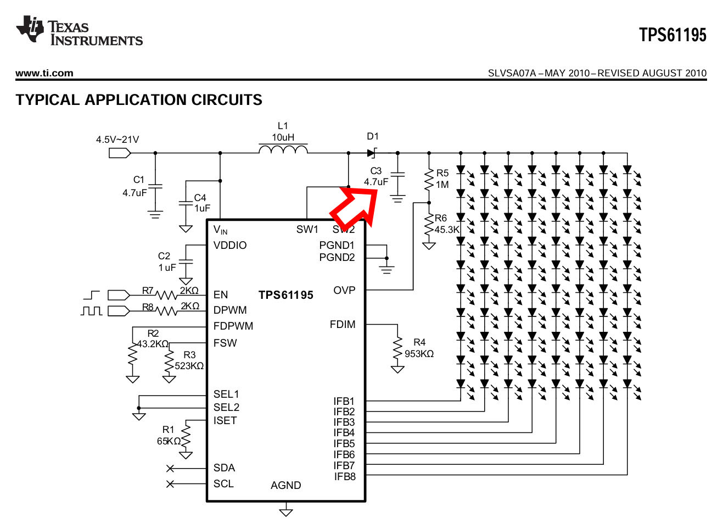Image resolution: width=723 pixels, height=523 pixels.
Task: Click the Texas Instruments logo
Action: tap(79, 31)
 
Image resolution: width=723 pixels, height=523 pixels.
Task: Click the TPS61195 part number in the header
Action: tap(672, 35)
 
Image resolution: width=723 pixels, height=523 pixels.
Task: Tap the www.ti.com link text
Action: tap(44, 73)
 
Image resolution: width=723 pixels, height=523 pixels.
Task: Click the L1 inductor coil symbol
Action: tap(283, 149)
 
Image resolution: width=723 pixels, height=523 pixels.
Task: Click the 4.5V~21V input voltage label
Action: tap(117, 140)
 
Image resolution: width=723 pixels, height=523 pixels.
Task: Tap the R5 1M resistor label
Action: tap(442, 179)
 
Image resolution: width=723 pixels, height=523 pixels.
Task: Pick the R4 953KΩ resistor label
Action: tap(419, 348)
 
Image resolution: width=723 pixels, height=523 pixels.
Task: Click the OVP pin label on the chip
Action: tap(344, 290)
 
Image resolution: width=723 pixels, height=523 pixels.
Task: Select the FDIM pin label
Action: tap(343, 325)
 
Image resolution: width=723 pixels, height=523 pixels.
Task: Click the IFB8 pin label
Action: tap(345, 476)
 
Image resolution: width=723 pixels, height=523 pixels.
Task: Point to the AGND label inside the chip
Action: tap(285, 485)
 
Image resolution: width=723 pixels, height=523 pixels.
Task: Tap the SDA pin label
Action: tap(224, 468)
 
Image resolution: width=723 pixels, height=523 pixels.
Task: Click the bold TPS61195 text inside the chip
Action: tap(285, 295)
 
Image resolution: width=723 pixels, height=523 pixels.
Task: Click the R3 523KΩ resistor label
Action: tap(189, 360)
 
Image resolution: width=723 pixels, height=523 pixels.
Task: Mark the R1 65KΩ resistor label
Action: tap(169, 435)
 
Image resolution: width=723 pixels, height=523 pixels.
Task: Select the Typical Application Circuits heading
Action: tap(139, 100)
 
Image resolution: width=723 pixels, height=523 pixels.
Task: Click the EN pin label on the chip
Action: tap(221, 295)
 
